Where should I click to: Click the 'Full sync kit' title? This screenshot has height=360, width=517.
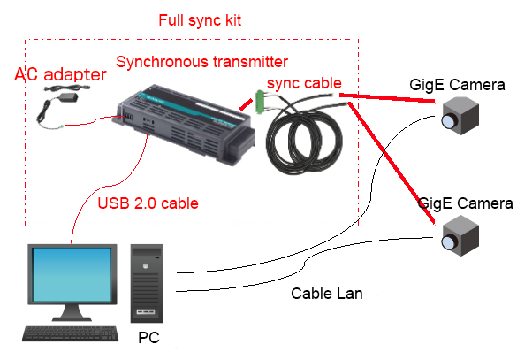coord(200,20)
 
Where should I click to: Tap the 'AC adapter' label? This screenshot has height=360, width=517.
coord(60,74)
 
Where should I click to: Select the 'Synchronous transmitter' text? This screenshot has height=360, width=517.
coord(202,62)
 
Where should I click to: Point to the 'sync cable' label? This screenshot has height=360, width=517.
coord(304,83)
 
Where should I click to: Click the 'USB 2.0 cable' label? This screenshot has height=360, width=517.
coord(148,203)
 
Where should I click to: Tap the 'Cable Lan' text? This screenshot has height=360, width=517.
coord(327,294)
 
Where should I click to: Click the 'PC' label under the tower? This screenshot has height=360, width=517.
coord(148,337)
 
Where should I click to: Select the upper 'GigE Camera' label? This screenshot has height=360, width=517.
coord(457,85)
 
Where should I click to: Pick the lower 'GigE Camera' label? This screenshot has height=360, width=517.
coord(465,203)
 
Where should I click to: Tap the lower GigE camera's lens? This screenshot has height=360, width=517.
coord(449,242)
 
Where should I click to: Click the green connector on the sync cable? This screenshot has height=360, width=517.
coord(260,102)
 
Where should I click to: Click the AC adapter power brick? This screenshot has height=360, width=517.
coord(68,97)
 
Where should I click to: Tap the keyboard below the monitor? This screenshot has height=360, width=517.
coord(71,333)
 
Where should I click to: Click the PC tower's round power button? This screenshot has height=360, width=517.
coord(146,266)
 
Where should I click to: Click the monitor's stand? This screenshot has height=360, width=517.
coord(72,312)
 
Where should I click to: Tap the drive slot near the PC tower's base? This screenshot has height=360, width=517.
coord(146,311)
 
